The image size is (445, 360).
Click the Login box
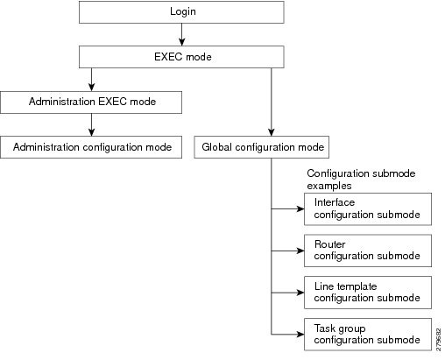click(x=181, y=12)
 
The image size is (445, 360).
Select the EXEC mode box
click(x=181, y=58)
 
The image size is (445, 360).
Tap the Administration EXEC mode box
click(x=91, y=102)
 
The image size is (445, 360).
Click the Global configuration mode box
click(x=264, y=147)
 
